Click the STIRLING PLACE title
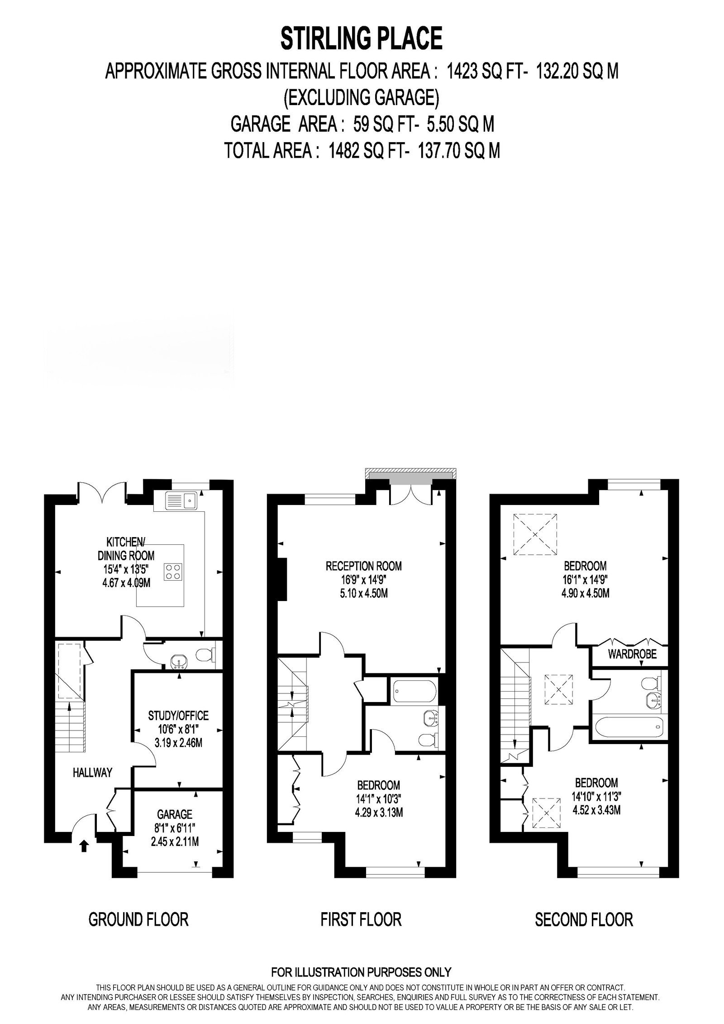point(362,38)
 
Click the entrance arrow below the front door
point(84,846)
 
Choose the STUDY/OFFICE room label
point(178,716)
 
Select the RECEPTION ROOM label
point(363,566)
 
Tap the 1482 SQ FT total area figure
point(360,151)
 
